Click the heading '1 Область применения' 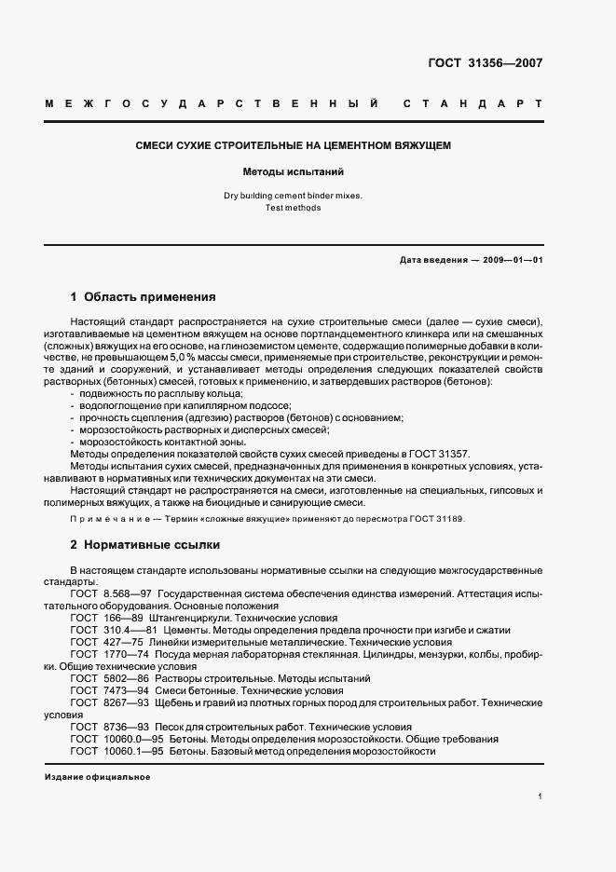tap(143, 297)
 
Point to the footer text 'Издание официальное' tap(98, 776)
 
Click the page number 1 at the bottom tap(540, 797)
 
